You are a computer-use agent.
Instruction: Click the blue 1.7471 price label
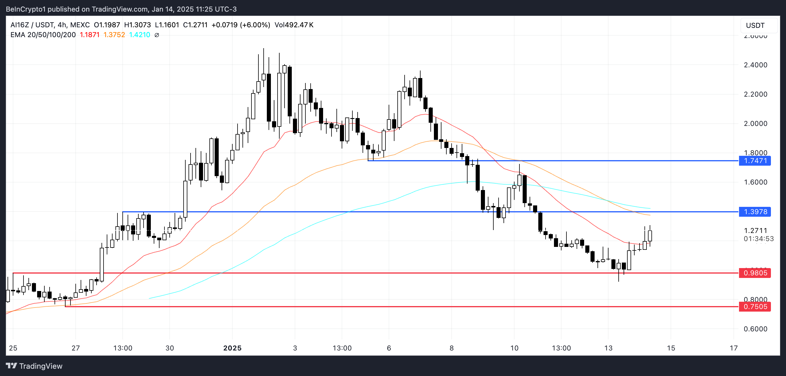point(755,161)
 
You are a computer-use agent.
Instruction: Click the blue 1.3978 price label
point(755,212)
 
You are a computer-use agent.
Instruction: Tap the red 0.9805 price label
point(755,273)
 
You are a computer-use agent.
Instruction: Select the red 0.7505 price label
point(755,306)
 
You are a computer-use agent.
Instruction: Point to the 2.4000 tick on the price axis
point(755,65)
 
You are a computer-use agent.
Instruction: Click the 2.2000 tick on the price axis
point(755,94)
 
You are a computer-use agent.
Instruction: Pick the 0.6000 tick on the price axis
point(755,329)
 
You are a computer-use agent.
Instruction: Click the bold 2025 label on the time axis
point(232,348)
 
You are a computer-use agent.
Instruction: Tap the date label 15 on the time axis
point(671,348)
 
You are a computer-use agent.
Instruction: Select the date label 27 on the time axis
point(75,348)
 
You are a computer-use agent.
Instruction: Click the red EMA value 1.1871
point(89,35)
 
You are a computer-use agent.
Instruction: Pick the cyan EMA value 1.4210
point(140,35)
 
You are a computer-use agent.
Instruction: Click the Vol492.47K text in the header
point(294,25)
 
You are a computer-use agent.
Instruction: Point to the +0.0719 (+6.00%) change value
point(240,25)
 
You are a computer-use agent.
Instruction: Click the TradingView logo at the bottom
point(34,366)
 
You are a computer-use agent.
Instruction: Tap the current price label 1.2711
point(755,230)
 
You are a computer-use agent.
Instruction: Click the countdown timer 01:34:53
point(758,239)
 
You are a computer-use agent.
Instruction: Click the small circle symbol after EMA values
point(157,35)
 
